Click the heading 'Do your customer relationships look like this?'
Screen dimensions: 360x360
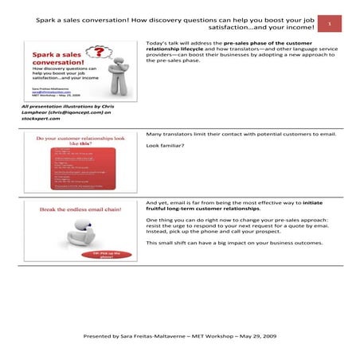[x=78, y=141]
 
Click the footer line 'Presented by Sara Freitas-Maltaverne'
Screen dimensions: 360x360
[x=180, y=337]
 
